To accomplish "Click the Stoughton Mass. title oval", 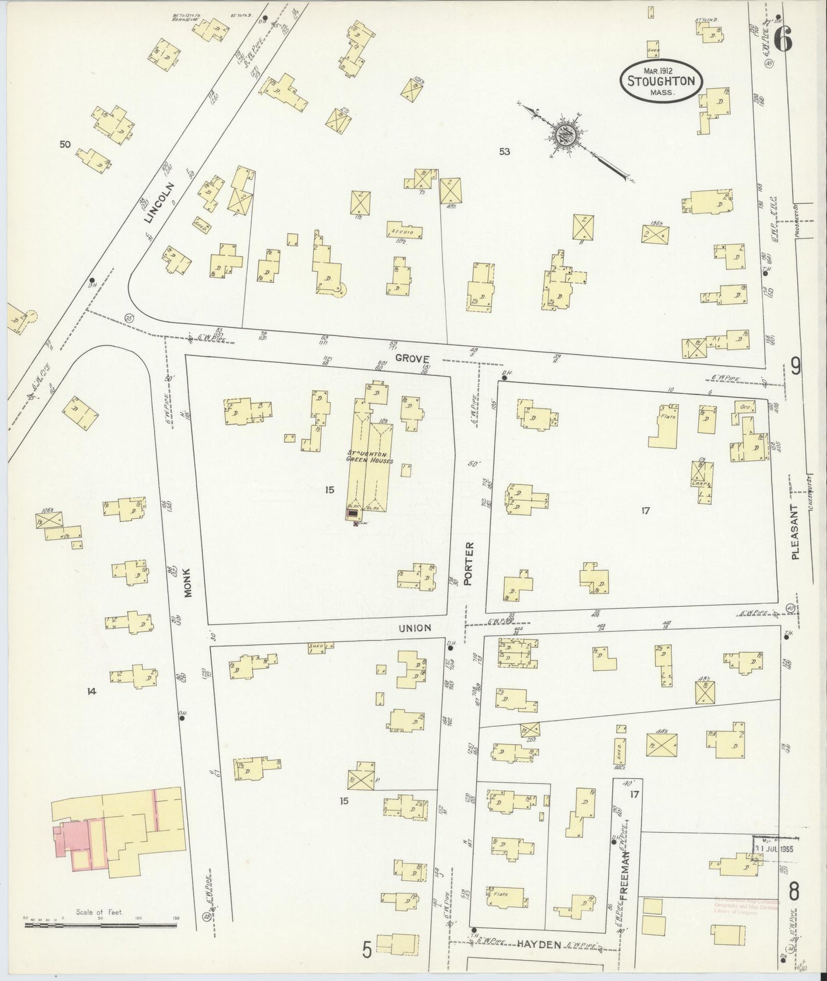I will click(661, 81).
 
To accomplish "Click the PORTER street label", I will click(470, 563).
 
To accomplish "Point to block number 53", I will click(504, 152).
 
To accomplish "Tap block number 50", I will click(65, 145).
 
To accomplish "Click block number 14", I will click(91, 691).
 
